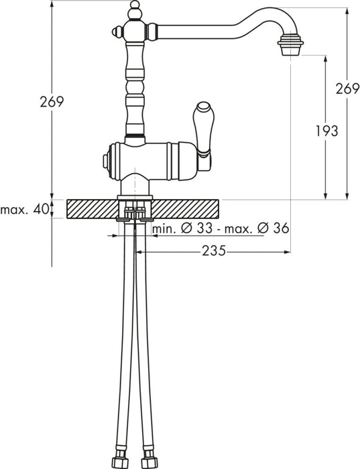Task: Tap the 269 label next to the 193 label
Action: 347,89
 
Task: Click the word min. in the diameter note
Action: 164,229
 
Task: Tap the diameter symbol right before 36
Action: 262,229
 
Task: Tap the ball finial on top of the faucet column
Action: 133,9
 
